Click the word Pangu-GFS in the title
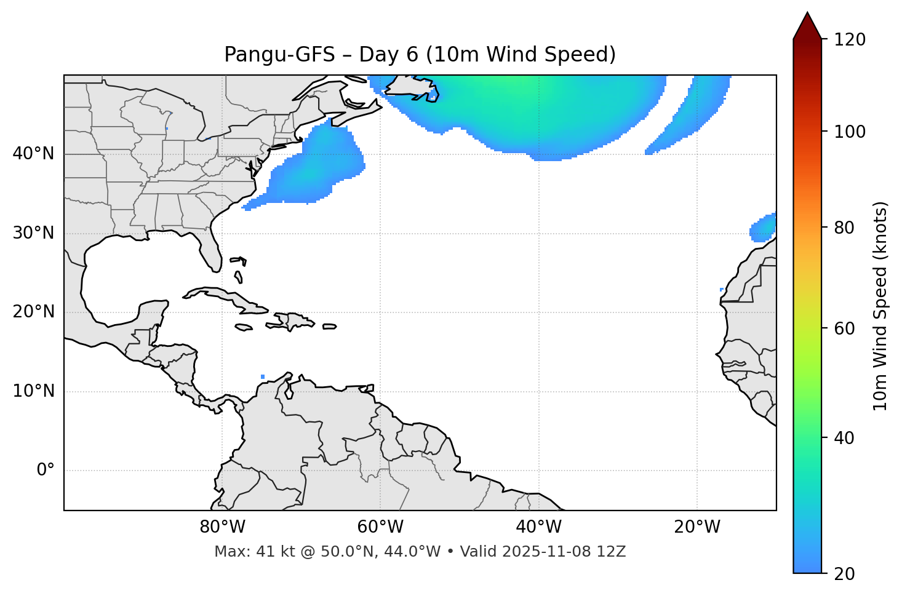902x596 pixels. [x=279, y=55]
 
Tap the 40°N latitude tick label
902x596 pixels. [x=33, y=154]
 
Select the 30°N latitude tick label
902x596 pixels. [x=33, y=233]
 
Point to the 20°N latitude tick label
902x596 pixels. [x=33, y=312]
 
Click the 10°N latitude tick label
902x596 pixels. [x=33, y=391]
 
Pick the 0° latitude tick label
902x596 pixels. [x=46, y=471]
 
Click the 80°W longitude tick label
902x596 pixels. [x=222, y=527]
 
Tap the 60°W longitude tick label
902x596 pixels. [x=380, y=527]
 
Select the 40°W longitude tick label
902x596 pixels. [x=538, y=527]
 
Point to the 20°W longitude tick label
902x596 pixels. [x=696, y=527]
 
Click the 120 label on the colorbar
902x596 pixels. [x=850, y=40]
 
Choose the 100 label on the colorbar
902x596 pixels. [x=850, y=132]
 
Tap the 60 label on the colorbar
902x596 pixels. [x=845, y=328]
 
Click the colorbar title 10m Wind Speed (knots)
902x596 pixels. [x=880, y=306]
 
